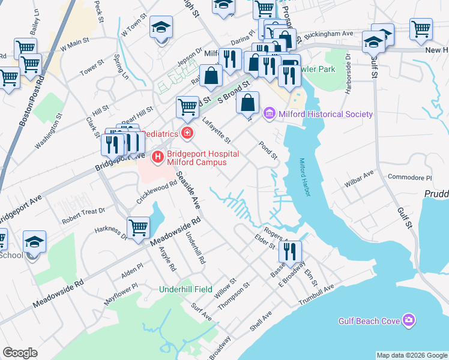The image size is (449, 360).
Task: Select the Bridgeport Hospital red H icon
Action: [158, 158]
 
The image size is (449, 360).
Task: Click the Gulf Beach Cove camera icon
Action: [409, 320]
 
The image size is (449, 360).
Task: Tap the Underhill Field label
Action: [185, 289]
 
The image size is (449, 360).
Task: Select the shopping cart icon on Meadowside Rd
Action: [138, 227]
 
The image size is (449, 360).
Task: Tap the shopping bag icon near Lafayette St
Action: [248, 103]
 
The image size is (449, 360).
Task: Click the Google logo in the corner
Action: [20, 353]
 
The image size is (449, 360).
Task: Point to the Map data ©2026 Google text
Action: [411, 355]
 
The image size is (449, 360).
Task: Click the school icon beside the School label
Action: [34, 242]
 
